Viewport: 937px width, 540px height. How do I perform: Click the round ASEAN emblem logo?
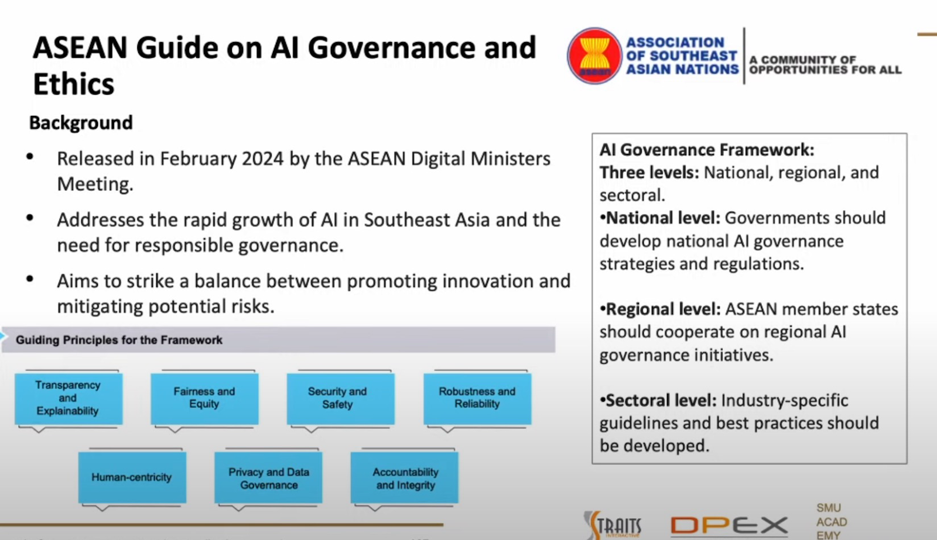coord(594,56)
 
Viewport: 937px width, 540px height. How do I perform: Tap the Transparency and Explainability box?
coord(68,398)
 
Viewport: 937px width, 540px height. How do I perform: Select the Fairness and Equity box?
coord(204,398)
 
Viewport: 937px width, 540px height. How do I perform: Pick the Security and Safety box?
coord(340,398)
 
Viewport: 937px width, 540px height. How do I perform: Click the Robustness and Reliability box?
coord(477,398)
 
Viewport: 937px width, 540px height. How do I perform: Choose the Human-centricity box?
coord(132,477)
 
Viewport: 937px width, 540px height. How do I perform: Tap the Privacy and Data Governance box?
coord(268,478)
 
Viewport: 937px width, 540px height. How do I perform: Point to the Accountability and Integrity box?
coord(405,478)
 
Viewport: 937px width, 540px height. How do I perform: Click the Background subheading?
coord(81,123)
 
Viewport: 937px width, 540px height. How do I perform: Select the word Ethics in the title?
coord(74,84)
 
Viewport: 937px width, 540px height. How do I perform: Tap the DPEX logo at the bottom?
coord(729,525)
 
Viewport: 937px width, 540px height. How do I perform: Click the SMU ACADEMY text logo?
coord(831,521)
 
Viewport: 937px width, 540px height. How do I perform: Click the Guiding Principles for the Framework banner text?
coord(119,340)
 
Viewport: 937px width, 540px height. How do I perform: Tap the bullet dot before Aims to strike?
coord(30,279)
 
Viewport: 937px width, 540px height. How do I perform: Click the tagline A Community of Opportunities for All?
coord(825,65)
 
